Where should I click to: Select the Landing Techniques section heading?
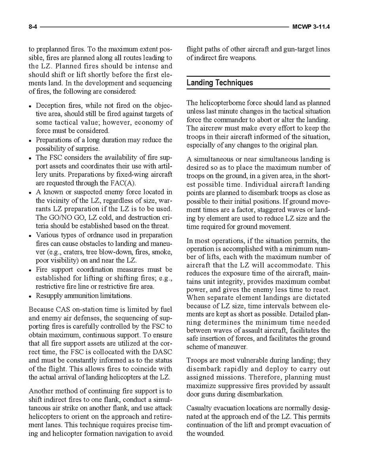pyautogui.click(x=220, y=83)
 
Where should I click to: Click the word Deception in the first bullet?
pyautogui.click(x=51, y=105)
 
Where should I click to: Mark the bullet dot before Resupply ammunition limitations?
pyautogui.click(x=30, y=296)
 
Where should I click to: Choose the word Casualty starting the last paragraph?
pyautogui.click(x=200, y=408)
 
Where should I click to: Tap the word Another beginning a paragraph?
pyautogui.click(x=42, y=391)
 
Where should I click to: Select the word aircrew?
pyautogui.click(x=212, y=128)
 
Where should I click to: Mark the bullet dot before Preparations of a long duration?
pyautogui.click(x=30, y=140)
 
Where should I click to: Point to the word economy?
pyautogui.click(x=150, y=122)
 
